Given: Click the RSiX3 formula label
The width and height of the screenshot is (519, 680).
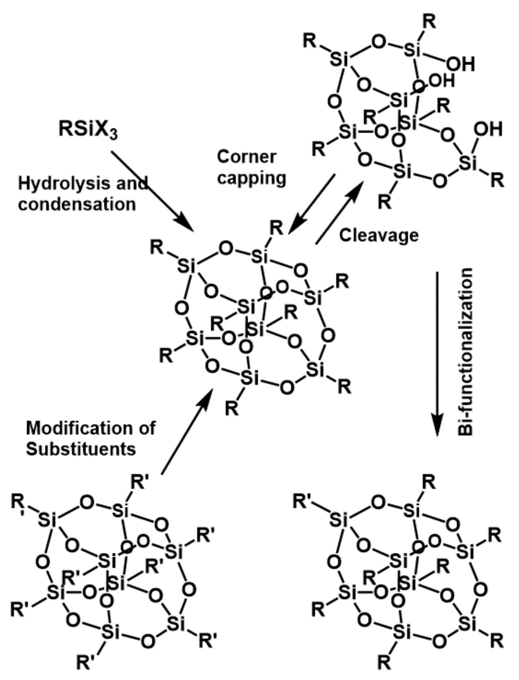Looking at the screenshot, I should pos(88,130).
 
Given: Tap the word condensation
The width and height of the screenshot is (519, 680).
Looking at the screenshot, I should pos(77,204).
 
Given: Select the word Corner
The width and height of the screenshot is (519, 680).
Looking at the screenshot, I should pos(247,157).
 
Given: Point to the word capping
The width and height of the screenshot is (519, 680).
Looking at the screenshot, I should pos(251,178).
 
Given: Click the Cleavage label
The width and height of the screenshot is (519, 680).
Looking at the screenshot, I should pos(379,236).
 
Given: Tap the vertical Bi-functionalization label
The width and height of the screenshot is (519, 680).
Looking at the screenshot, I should pos(465,351).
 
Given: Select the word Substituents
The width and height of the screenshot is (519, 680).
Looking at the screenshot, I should pos(81,449).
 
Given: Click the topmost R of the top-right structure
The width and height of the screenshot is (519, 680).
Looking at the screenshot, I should pos(429,22).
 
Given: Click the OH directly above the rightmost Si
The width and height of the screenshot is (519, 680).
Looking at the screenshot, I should pos(488,130).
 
